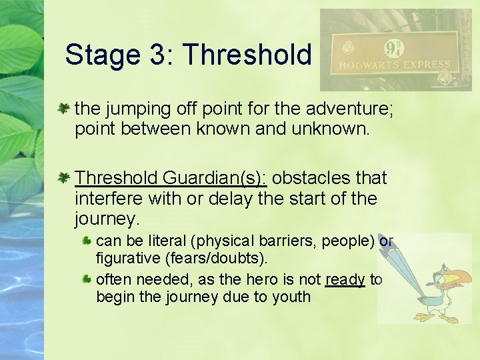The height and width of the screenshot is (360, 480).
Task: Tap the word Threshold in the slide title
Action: point(246,55)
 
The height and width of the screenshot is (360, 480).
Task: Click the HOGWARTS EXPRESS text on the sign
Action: point(396,66)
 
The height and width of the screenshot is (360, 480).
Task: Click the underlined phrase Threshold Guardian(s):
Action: point(171,178)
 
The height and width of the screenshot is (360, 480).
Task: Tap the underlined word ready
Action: point(345,279)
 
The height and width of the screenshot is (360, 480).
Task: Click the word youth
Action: point(291,297)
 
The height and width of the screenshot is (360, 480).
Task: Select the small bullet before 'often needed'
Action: point(87,279)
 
